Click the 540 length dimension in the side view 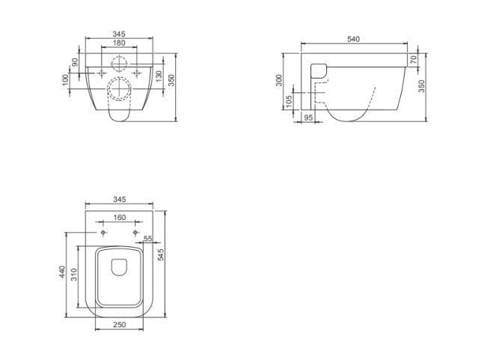pos(353,40)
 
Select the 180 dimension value pos(119,43)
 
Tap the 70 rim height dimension pos(414,59)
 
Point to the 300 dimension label pos(279,81)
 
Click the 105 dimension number pos(290,101)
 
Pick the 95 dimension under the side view pos(309,118)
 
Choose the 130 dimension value pos(159,76)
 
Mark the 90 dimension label pos(75,62)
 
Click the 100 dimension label pos(65,80)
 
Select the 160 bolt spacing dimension pos(120,218)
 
